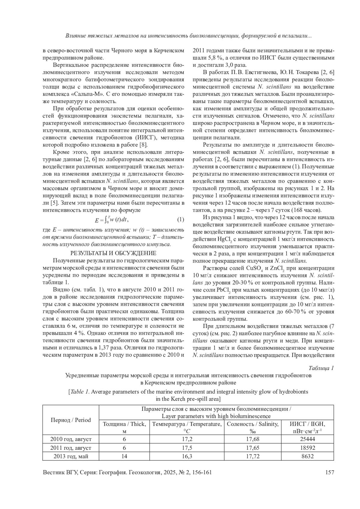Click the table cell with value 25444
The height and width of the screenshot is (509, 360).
(x=307, y=439)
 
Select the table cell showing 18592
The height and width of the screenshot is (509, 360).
(x=307, y=448)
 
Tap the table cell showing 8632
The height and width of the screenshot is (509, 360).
(x=307, y=456)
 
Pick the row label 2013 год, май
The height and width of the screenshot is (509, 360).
(x=71, y=456)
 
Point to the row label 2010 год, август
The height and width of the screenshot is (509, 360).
(x=71, y=439)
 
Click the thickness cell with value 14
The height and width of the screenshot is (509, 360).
(x=124, y=456)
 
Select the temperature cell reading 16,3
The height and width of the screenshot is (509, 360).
(x=187, y=456)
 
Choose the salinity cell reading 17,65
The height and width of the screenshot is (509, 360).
(x=253, y=448)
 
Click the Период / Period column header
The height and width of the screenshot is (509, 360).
(x=71, y=420)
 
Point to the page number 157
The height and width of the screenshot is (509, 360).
(x=329, y=472)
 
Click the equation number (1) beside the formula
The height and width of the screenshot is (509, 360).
(x=180, y=220)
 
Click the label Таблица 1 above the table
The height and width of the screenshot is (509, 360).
(x=321, y=368)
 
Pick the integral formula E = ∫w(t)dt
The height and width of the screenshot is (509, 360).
(x=111, y=220)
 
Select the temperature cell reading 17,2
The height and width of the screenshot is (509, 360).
(x=187, y=439)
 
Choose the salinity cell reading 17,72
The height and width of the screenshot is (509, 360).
(x=253, y=456)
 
